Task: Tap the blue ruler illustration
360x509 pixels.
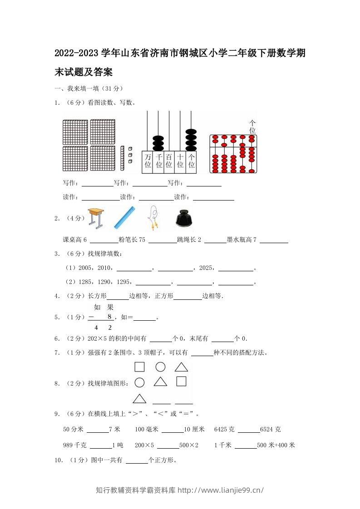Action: [x=124, y=217]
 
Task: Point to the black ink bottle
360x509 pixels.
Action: [x=184, y=218]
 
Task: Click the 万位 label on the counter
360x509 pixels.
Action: [x=148, y=161]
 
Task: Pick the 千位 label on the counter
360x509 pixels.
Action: [x=158, y=161]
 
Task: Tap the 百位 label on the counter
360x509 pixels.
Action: [x=169, y=161]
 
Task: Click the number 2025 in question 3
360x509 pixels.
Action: [x=207, y=268]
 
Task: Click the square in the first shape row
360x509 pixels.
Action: [x=139, y=367]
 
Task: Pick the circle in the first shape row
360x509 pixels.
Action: [x=160, y=367]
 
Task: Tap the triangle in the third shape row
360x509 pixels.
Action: [x=139, y=399]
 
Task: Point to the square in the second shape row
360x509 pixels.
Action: [x=182, y=382]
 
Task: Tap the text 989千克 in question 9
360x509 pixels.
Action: [x=74, y=445]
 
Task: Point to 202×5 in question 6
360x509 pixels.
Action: [x=97, y=338]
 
